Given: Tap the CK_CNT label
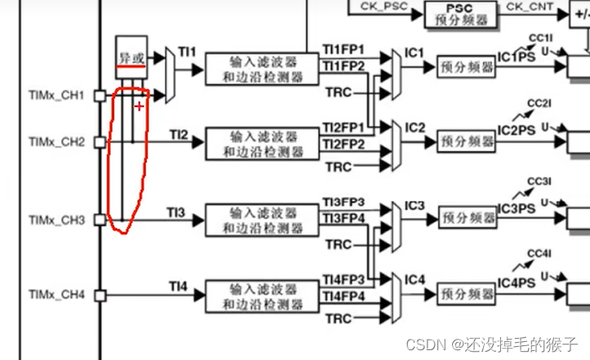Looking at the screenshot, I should (529, 7).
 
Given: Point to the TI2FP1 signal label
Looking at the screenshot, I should (343, 128).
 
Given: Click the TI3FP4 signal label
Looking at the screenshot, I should (343, 217).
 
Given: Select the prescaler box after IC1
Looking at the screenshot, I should (466, 67).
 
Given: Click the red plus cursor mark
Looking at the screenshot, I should (140, 106).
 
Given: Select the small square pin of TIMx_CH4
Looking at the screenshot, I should (100, 294).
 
